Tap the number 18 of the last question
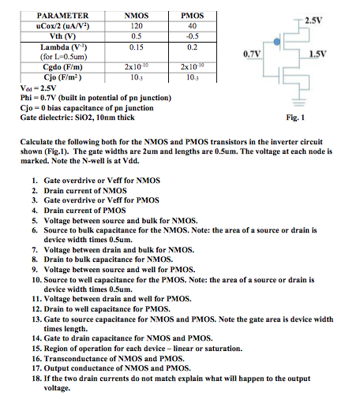(36, 378)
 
